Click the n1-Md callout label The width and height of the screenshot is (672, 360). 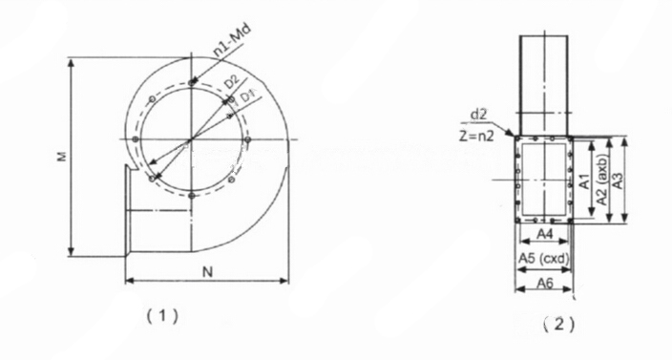click(x=232, y=41)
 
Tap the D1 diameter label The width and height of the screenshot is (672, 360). click(x=248, y=96)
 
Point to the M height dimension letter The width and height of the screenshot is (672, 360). click(x=63, y=157)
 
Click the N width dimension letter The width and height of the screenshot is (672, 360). click(x=207, y=272)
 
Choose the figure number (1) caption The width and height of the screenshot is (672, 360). click(x=162, y=317)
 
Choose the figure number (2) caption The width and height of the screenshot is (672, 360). click(x=558, y=325)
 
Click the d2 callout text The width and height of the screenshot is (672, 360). click(x=478, y=115)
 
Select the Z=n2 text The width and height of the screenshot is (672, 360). click(x=476, y=136)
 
